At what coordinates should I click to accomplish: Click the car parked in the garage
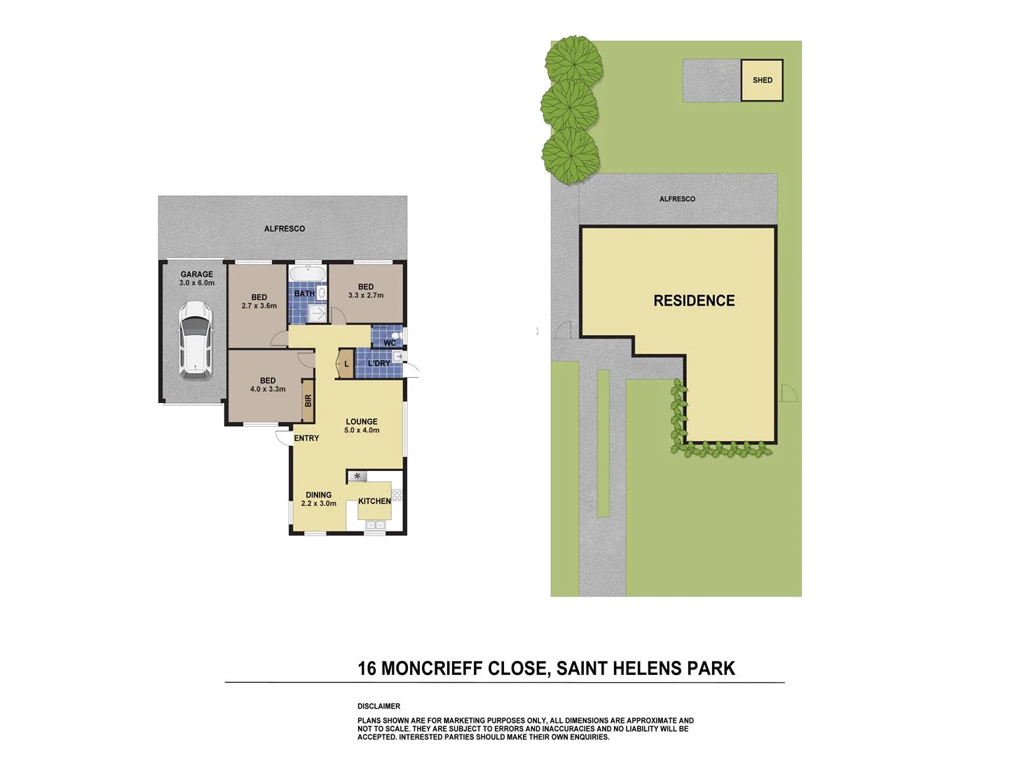(x=195, y=340)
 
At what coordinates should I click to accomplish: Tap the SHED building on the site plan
(x=762, y=80)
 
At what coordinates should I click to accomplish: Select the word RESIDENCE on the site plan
(x=694, y=301)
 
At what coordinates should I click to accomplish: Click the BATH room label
(x=304, y=294)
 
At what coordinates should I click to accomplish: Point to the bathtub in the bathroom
(x=307, y=274)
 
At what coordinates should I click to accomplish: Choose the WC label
(x=389, y=343)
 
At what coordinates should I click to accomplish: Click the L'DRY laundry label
(x=379, y=363)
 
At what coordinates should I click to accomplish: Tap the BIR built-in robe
(x=308, y=401)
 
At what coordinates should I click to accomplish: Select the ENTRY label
(x=306, y=438)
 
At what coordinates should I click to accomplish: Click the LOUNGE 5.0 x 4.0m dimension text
(x=362, y=430)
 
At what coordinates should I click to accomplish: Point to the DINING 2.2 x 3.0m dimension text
(x=319, y=503)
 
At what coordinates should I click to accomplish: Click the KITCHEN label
(x=374, y=501)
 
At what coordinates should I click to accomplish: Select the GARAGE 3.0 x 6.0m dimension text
(x=197, y=283)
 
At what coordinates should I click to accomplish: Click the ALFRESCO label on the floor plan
(x=284, y=229)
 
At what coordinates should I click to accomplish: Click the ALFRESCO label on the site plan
(x=677, y=199)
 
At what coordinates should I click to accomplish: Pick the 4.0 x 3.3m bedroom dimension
(x=268, y=389)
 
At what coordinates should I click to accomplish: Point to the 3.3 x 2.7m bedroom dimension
(x=366, y=295)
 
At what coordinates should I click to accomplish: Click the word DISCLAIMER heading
(x=378, y=706)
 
